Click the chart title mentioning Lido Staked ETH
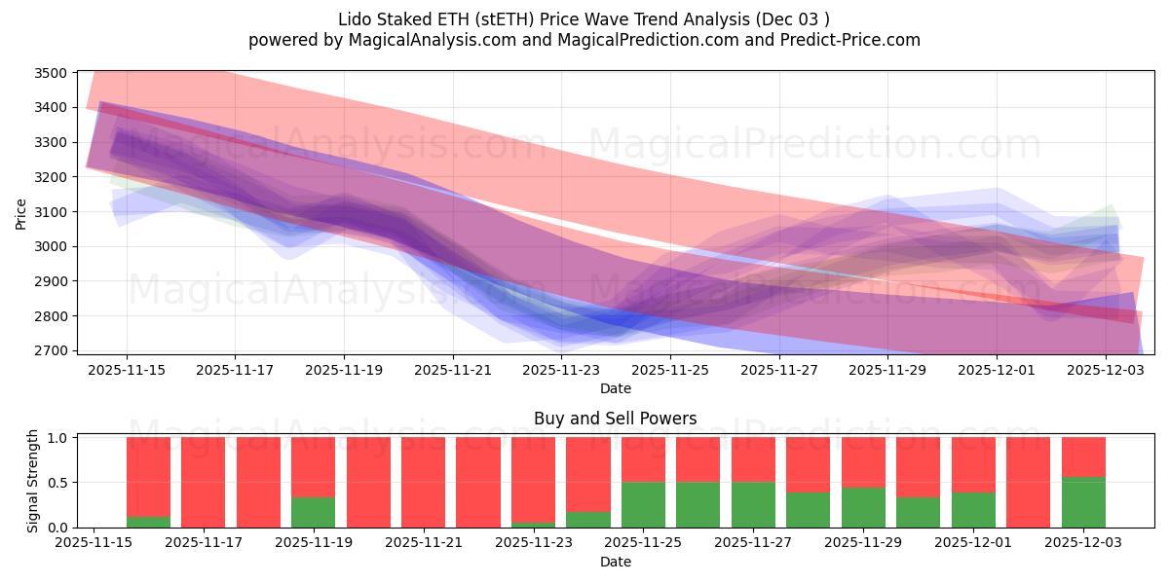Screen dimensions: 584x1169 point(584,19)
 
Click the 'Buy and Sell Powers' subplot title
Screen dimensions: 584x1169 point(615,419)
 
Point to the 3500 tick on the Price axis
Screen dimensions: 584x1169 point(50,73)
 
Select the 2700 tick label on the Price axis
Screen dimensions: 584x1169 point(50,350)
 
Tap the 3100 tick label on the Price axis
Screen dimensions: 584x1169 point(50,212)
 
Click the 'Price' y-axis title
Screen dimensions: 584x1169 point(21,212)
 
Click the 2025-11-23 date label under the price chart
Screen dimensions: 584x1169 point(561,371)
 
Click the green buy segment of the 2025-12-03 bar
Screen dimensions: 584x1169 point(1083,502)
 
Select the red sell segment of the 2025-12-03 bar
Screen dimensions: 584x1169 point(1083,456)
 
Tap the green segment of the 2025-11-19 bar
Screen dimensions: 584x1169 point(313,512)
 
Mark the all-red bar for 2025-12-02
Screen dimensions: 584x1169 point(1028,482)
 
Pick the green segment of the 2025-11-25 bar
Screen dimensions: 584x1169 point(643,504)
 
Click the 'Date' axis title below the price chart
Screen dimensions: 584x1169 point(615,389)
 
